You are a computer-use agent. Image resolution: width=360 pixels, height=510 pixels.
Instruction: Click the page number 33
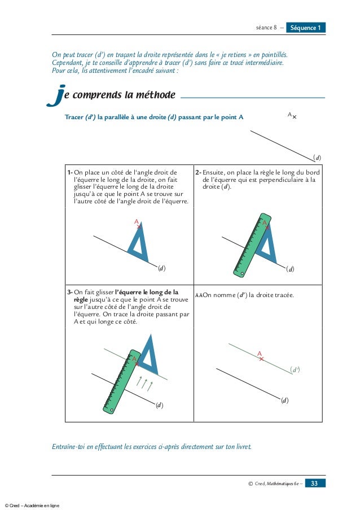point(314,483)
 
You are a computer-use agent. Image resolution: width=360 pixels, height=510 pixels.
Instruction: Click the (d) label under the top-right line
point(317,157)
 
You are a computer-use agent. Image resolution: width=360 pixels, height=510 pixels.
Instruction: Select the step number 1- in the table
point(70,172)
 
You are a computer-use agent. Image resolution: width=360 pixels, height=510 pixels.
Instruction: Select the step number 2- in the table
point(198,172)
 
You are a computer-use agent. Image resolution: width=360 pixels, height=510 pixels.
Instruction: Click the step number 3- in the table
point(70,293)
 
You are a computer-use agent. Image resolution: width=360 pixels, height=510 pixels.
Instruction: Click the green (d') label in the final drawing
point(295,369)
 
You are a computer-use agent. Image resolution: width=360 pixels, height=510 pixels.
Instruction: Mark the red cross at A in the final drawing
point(261,359)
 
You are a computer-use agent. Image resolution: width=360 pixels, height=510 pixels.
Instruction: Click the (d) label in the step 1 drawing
point(162,268)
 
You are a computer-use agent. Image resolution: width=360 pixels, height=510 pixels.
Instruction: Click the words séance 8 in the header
point(265,28)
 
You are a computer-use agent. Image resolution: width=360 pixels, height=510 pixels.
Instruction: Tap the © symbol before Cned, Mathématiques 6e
point(250,483)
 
